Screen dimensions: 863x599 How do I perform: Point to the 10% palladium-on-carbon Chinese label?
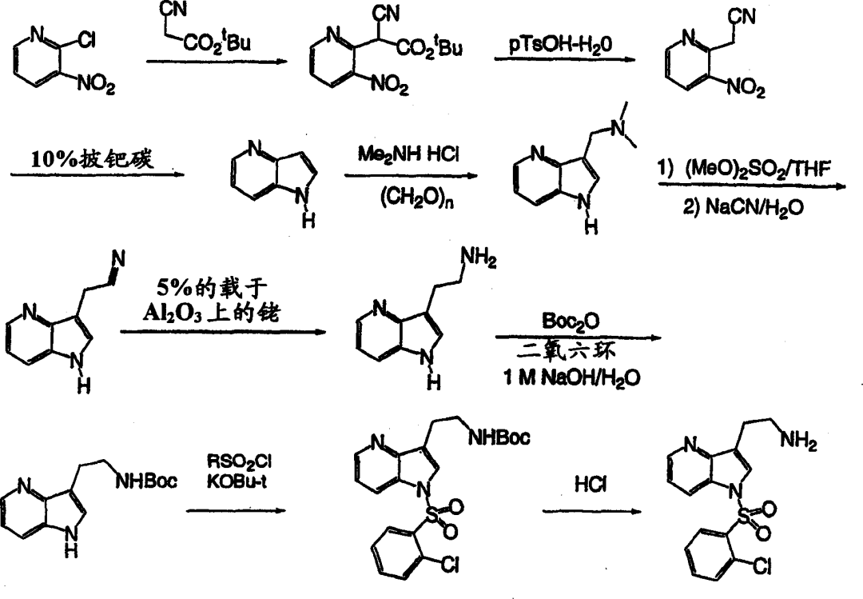(x=92, y=159)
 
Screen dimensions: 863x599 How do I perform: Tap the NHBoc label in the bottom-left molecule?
(x=146, y=481)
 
